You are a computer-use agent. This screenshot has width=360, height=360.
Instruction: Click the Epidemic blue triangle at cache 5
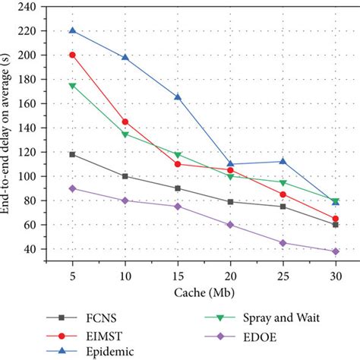(73, 30)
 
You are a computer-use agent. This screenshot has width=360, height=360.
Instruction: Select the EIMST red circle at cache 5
(73, 55)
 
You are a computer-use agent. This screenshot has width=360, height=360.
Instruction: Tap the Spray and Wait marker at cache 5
(73, 86)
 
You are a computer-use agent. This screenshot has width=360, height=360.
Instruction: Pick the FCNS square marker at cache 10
(125, 176)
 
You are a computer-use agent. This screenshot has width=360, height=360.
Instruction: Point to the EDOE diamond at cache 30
(335, 251)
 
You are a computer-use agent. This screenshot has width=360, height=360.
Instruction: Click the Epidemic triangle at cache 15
(178, 97)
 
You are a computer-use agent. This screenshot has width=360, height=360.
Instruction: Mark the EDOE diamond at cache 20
(230, 225)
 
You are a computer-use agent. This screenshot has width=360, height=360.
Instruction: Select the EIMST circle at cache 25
(283, 194)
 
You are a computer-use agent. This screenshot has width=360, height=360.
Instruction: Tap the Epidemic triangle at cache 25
(283, 161)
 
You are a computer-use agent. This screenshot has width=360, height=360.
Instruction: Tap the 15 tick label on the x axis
(178, 273)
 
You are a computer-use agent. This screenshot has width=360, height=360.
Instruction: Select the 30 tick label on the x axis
(335, 273)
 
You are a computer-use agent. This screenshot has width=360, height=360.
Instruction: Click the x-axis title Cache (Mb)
(204, 291)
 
